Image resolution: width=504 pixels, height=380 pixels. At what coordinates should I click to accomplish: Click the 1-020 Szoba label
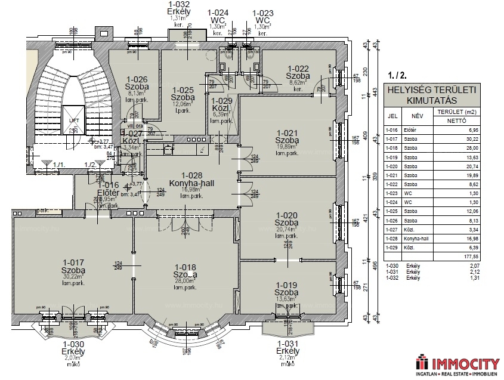pos(286,219)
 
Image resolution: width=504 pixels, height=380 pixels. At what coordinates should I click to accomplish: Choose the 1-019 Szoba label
pos(286,289)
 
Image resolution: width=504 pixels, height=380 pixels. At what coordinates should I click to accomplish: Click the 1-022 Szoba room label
pos(298,72)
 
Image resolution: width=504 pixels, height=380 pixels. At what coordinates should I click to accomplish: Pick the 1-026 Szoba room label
pos(137,83)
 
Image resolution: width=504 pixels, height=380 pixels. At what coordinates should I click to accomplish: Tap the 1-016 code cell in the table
pos(392,129)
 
